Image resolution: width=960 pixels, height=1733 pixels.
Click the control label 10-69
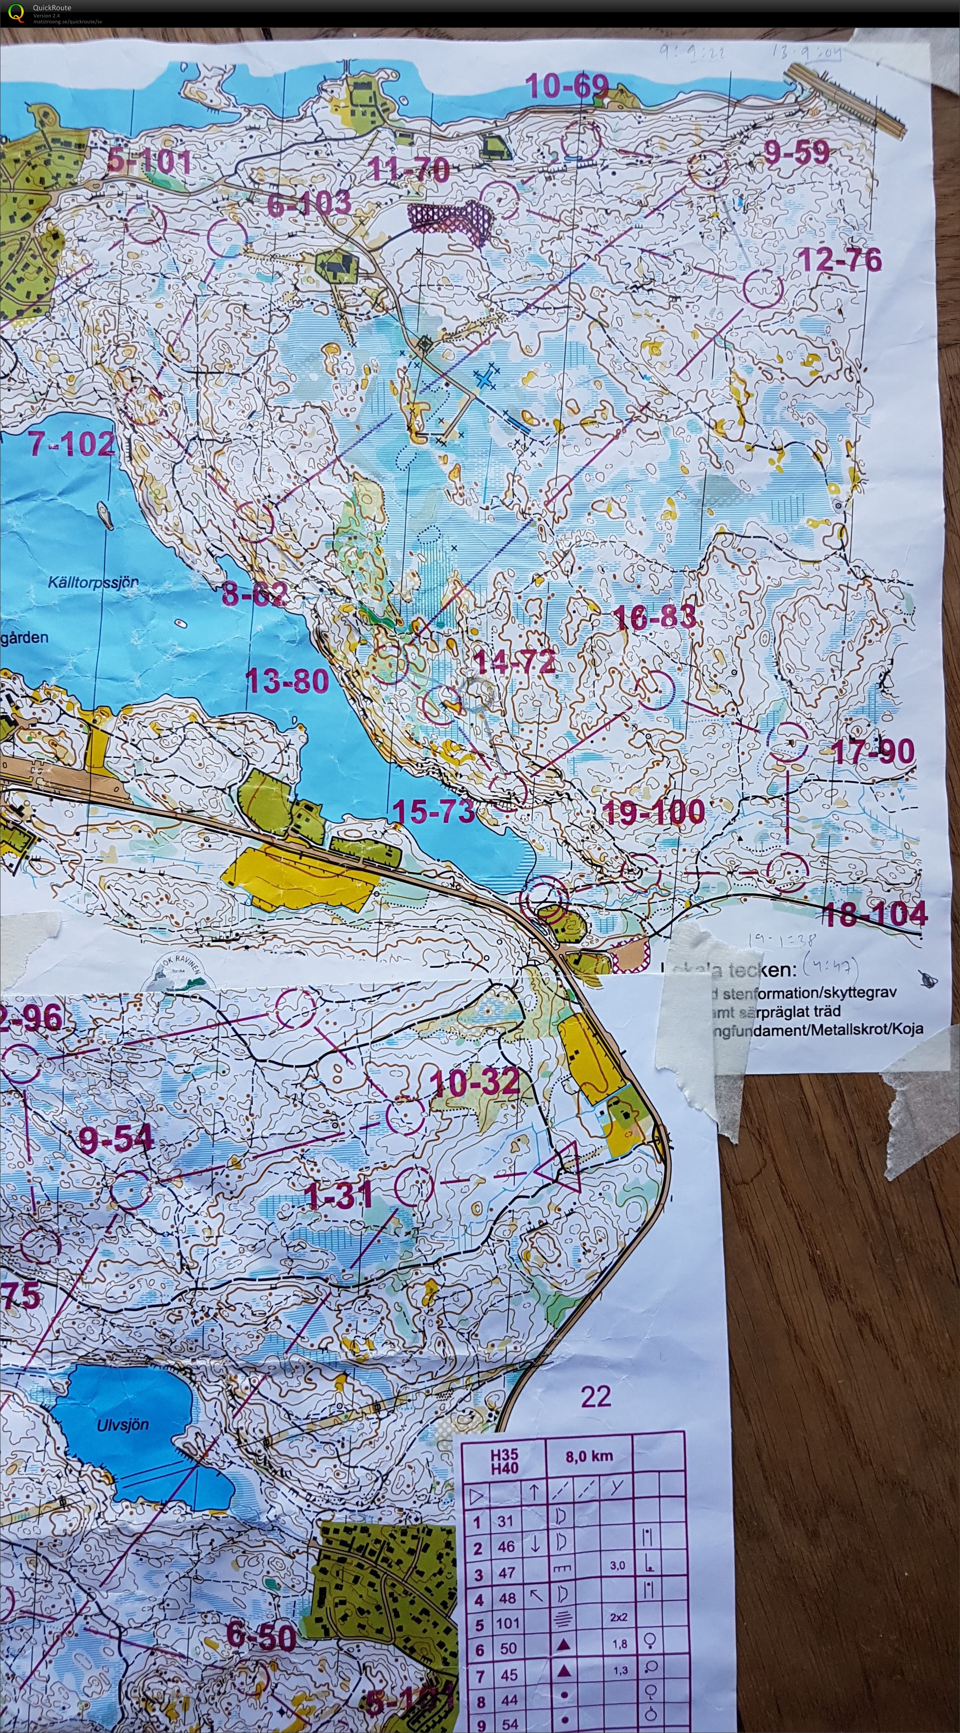click(x=566, y=86)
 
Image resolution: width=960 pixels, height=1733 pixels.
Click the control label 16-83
click(x=655, y=617)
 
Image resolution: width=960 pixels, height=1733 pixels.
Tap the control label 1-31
click(x=338, y=1196)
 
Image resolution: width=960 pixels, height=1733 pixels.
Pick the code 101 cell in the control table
click(x=508, y=1623)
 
